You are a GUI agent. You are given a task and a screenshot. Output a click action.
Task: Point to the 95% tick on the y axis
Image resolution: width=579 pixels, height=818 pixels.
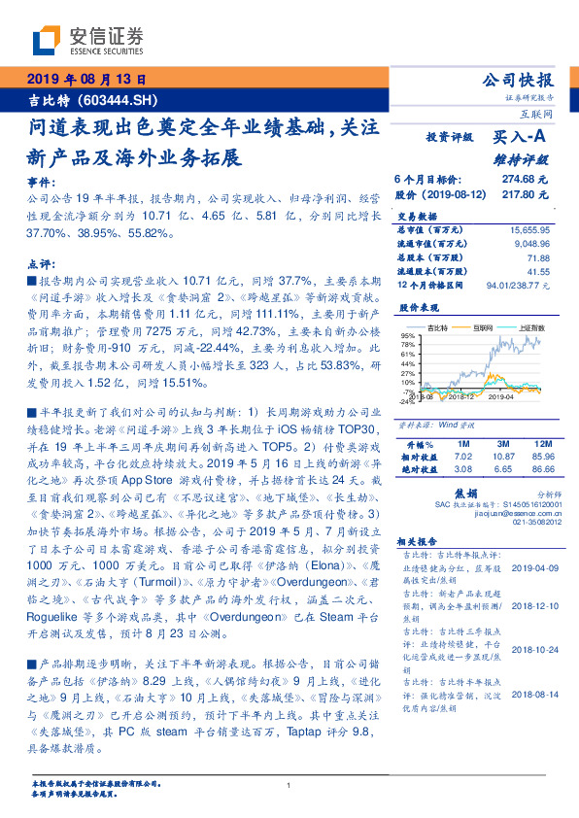coord(407,336)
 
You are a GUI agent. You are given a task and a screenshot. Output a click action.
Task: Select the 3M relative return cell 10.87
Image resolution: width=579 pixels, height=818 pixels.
coord(486,456)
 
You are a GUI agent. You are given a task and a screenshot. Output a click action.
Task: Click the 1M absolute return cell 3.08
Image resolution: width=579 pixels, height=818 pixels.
coord(435,468)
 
